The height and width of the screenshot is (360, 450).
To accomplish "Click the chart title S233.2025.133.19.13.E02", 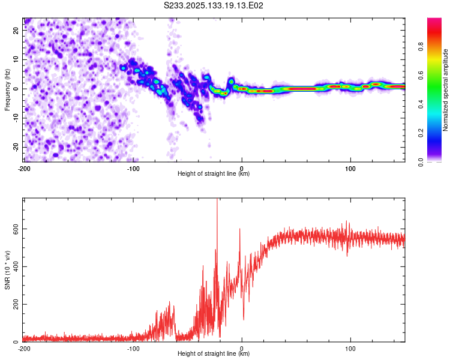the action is [214, 5].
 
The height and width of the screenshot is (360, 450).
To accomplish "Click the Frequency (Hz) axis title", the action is [7, 90].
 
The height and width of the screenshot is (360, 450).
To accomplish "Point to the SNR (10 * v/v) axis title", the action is [7, 270].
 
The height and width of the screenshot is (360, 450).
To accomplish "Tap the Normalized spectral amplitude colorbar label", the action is [445, 90].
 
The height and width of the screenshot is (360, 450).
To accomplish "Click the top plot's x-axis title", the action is [214, 173].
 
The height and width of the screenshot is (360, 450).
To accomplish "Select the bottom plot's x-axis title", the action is [214, 353].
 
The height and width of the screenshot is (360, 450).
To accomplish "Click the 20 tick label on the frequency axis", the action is [16, 30].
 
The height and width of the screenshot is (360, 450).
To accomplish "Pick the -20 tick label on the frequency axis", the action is [16, 147].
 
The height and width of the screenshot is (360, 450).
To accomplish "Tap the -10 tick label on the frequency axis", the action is [16, 118].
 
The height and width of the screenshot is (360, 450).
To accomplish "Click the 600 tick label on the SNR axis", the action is [16, 229].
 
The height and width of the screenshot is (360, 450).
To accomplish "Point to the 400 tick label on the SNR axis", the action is [16, 266].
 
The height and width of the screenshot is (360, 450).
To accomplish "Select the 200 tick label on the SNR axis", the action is [16, 304].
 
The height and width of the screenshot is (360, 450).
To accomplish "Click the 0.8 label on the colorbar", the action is [421, 46].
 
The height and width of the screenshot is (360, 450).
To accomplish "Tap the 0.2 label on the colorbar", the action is [421, 133].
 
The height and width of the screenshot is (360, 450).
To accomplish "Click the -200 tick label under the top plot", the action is [24, 169].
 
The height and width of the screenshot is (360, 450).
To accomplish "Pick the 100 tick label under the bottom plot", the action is [350, 349].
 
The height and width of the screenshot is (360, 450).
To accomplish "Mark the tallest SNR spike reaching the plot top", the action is [217, 201].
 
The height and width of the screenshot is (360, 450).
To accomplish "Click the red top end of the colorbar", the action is [434, 20].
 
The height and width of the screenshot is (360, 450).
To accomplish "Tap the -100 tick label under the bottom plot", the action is [133, 349].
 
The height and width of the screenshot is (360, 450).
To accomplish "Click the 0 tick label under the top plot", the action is [242, 169].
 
